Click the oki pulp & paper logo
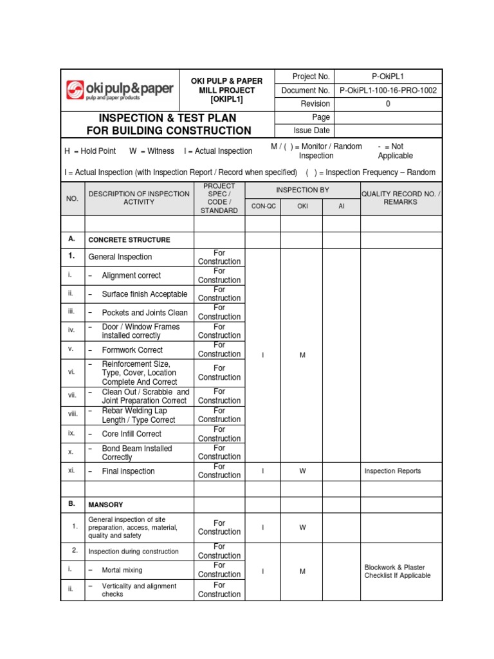120,90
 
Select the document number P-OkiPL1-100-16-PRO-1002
388,91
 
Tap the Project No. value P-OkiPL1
388,77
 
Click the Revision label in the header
315,104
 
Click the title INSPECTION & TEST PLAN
167,118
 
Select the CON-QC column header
262,206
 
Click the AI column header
341,206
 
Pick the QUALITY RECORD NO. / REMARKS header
401,198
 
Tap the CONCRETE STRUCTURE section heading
129,240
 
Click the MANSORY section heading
105,505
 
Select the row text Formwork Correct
132,350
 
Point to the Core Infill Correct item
131,434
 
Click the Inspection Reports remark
392,471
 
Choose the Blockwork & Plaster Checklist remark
397,571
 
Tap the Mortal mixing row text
122,570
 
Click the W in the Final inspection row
302,471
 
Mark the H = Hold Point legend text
90,151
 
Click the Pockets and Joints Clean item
145,313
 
